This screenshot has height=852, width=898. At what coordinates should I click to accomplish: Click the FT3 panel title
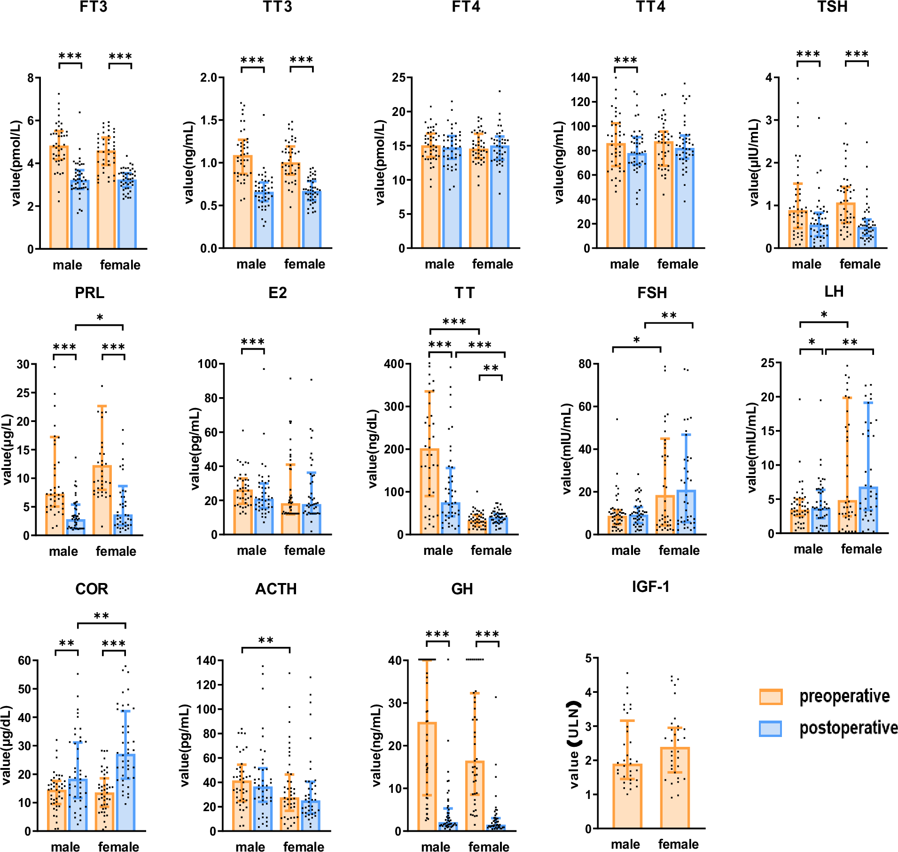tap(93, 7)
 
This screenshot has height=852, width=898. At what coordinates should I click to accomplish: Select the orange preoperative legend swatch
tap(771, 697)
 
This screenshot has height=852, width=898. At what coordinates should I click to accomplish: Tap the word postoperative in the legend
tap(849, 728)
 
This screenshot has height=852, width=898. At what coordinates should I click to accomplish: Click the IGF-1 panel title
tap(650, 587)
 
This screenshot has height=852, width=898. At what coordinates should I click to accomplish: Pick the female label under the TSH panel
tap(860, 264)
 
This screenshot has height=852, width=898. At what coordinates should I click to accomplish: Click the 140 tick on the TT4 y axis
tap(580, 77)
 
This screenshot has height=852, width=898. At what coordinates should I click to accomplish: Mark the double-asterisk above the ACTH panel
tap(266, 641)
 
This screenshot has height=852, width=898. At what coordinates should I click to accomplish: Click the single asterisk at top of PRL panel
tap(100, 318)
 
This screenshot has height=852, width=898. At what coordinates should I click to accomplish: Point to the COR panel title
tap(92, 589)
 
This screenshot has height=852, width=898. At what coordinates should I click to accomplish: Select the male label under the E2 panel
tap(251, 550)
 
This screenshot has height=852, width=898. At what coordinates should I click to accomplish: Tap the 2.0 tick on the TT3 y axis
tap(209, 77)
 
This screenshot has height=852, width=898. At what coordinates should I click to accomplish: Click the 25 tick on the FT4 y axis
tap(399, 77)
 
